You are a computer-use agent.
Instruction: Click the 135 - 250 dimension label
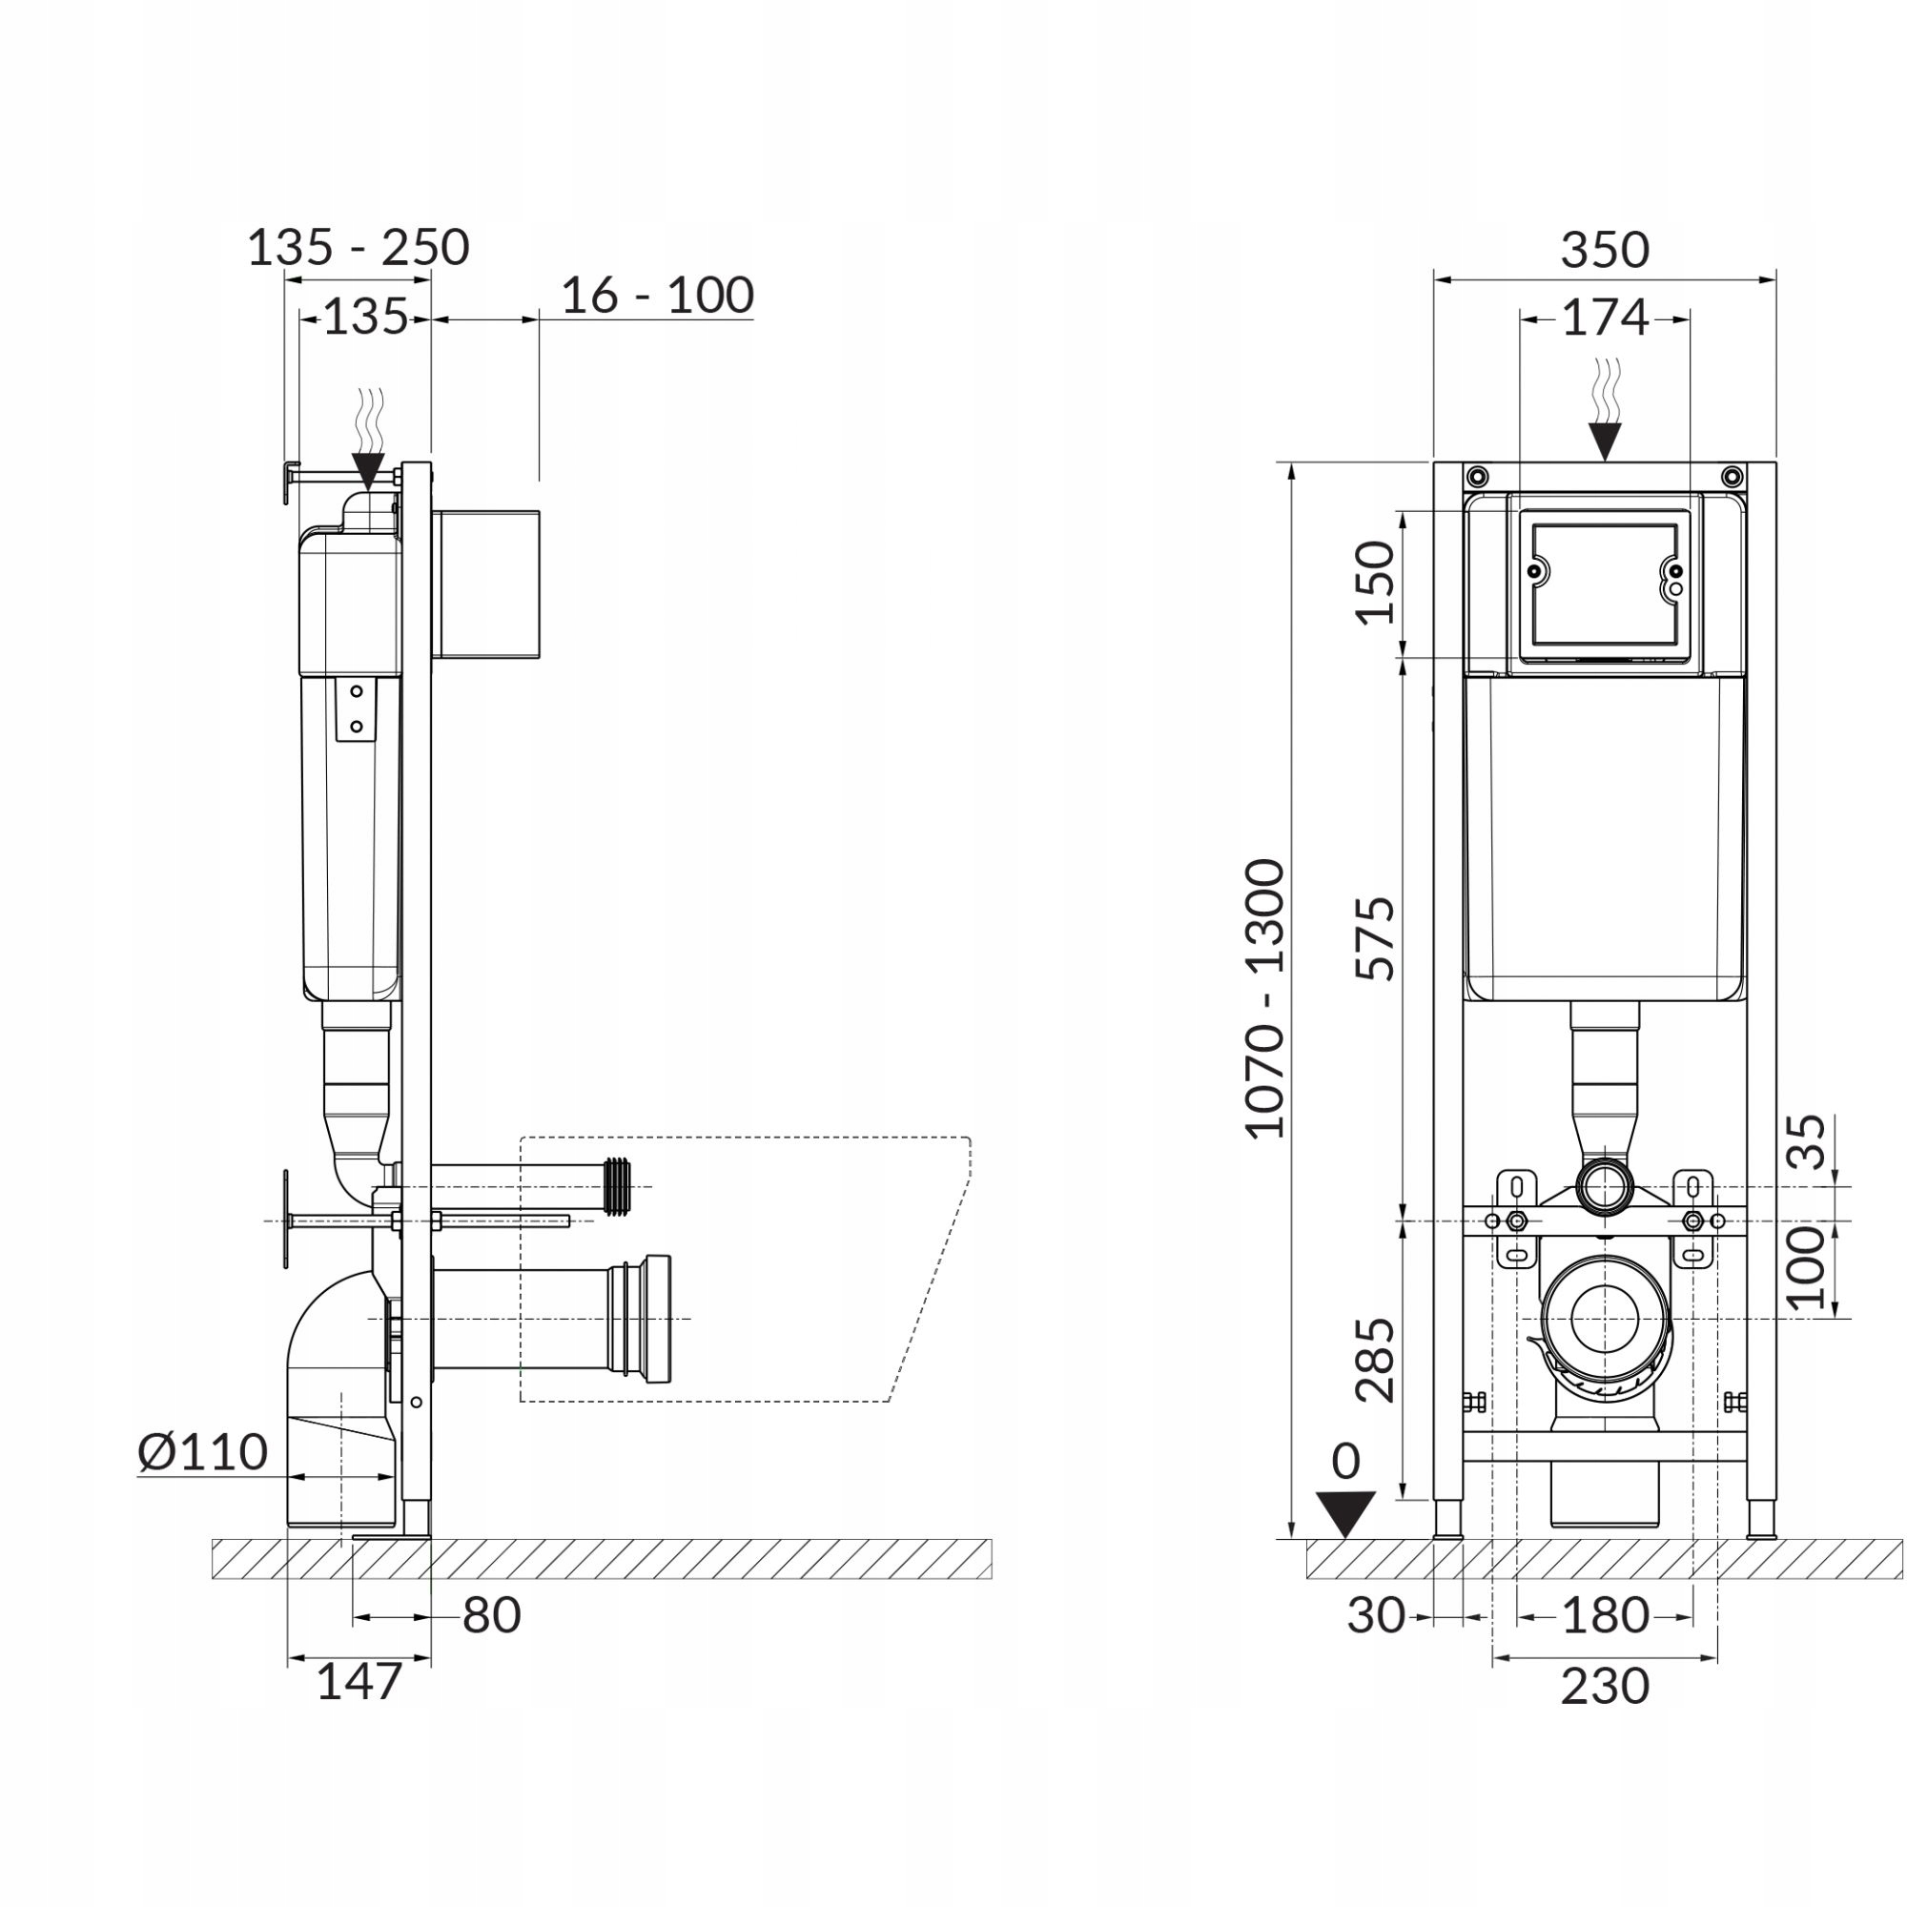(x=358, y=248)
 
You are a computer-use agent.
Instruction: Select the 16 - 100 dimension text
(x=657, y=296)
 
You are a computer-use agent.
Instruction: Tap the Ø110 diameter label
(x=202, y=1452)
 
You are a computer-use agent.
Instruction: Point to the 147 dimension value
(x=359, y=1682)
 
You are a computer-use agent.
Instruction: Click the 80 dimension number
(x=490, y=1616)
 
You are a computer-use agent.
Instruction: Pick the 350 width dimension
(x=1604, y=250)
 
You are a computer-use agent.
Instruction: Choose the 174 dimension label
(x=1604, y=318)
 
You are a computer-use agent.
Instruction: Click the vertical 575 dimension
(x=1376, y=937)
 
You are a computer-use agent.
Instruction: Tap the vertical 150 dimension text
(x=1376, y=583)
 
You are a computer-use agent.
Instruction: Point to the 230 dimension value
(x=1604, y=1687)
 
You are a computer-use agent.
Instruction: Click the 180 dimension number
(x=1604, y=1616)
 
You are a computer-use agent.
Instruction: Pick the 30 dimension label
(x=1375, y=1616)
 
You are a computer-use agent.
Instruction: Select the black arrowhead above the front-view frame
(x=1605, y=440)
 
